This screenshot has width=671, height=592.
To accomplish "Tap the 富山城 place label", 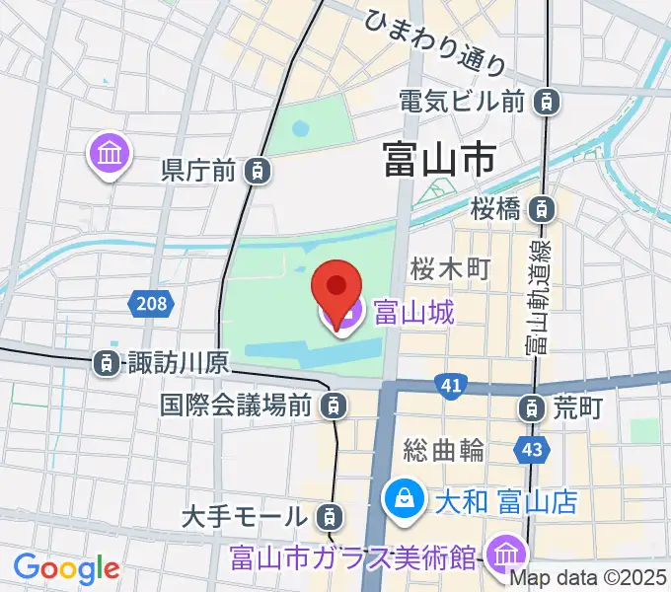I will [413, 314].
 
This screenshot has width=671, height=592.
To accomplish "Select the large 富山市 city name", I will [438, 158].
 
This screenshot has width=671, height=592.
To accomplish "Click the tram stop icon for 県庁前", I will [257, 171].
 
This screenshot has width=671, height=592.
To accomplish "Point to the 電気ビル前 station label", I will [461, 100].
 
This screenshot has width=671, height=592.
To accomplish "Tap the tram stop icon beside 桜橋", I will [541, 208].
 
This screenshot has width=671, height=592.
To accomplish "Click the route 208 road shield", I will [152, 304].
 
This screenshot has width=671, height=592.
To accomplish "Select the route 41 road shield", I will [451, 388].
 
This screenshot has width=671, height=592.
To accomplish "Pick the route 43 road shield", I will [530, 450].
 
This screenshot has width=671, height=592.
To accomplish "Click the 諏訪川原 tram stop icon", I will [106, 363].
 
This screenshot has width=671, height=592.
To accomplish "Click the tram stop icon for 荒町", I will [532, 406].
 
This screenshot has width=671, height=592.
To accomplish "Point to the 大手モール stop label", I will [246, 514].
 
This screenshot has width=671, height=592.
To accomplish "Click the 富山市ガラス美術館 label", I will [355, 557].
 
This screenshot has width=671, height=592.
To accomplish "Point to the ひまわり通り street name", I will [434, 41].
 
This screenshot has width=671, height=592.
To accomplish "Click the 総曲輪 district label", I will [444, 450].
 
